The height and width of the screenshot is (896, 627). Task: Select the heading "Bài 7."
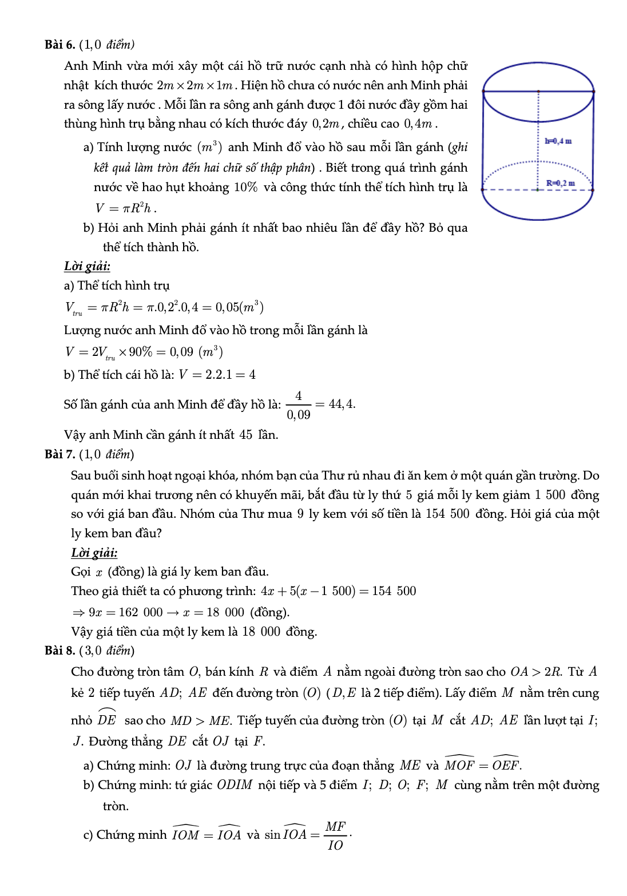click(59, 454)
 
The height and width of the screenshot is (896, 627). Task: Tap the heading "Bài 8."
click(59, 651)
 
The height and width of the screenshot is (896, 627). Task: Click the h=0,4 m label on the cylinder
click(558, 141)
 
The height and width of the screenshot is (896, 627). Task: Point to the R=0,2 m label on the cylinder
click(560, 183)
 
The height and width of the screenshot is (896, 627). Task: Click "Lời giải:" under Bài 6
click(87, 266)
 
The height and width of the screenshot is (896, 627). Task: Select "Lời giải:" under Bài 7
click(94, 553)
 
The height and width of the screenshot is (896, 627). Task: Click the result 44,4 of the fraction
click(342, 404)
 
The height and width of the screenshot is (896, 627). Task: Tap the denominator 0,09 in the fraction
click(299, 415)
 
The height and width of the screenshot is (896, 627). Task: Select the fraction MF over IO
click(335, 835)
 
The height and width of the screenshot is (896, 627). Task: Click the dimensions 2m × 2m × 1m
click(195, 86)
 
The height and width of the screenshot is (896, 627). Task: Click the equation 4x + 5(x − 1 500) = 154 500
click(338, 591)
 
